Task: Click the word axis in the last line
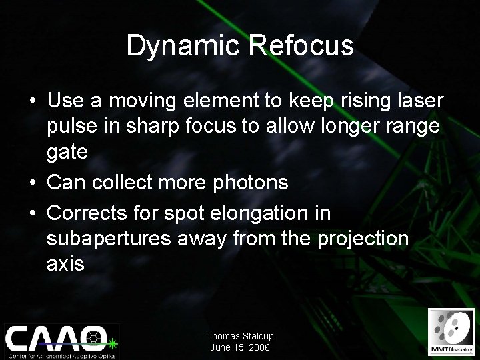pyautogui.click(x=65, y=264)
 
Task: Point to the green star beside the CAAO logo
pyautogui.click(x=113, y=343)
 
